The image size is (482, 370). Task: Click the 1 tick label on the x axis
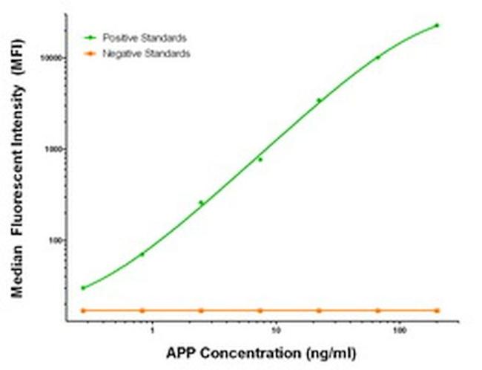point(152,329)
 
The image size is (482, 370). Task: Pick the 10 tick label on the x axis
point(276,329)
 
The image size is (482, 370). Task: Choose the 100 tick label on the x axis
point(400,329)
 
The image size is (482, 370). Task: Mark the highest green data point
point(437,25)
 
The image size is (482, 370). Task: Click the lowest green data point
point(83,288)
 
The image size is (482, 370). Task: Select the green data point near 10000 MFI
point(378,57)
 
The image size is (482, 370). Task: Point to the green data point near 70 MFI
point(142,254)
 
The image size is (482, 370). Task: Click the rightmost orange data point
point(437,310)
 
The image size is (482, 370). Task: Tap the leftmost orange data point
point(83,310)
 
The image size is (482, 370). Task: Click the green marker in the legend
point(90,37)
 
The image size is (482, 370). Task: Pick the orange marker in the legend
point(90,53)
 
